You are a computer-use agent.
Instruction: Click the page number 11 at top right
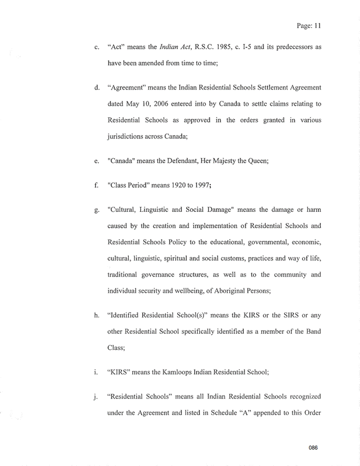coord(316,26)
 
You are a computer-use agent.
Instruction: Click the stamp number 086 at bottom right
coord(314,448)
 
